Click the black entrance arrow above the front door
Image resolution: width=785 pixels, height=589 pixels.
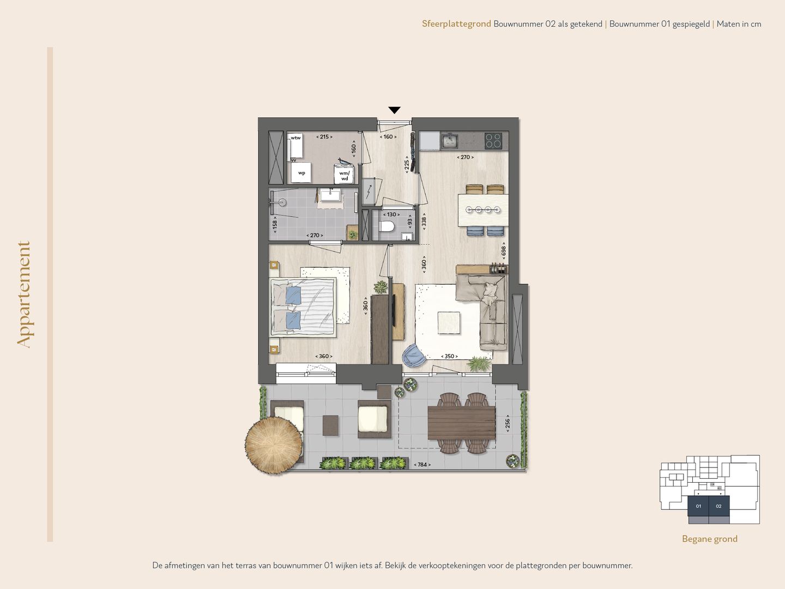[394, 110]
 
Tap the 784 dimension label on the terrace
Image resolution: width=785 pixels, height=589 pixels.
[422, 465]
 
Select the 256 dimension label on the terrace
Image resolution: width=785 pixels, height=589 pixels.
[508, 423]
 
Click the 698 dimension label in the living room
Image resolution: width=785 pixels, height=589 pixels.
[504, 251]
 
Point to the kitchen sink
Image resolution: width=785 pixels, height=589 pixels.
[450, 141]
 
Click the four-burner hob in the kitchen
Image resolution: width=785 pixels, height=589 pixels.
[493, 141]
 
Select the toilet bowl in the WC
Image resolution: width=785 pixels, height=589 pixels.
[388, 226]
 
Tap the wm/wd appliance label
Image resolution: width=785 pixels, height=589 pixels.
[345, 176]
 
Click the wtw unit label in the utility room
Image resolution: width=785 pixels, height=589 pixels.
[295, 138]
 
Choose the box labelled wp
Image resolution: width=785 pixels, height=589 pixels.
[301, 173]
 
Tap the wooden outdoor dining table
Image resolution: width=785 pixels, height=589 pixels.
[461, 423]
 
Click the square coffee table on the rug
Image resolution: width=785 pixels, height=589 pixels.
[448, 322]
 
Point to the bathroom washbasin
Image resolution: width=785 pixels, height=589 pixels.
[330, 195]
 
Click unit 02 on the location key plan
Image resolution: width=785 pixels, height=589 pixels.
[718, 506]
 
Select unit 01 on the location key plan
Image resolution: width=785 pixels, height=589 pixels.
[698, 506]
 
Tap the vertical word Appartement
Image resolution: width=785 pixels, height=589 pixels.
[23, 294]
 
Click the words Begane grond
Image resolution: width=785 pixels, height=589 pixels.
[709, 539]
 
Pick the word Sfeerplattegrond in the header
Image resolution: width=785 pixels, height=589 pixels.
[456, 24]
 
